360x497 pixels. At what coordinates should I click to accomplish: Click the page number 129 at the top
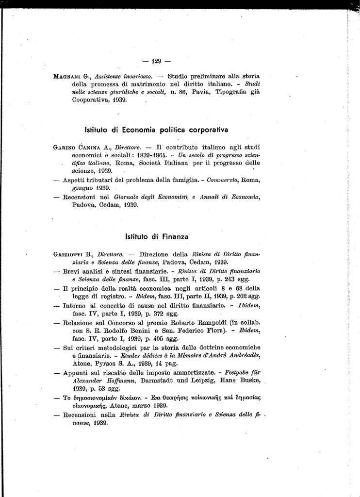[157, 61]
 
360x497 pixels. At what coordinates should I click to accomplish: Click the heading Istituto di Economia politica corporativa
[156, 130]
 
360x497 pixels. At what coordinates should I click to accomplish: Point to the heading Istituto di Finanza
[156, 236]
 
